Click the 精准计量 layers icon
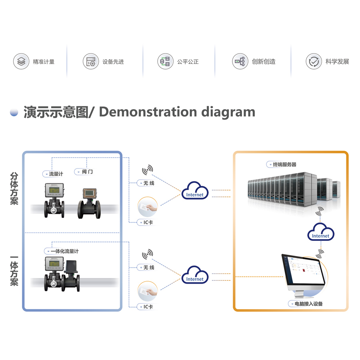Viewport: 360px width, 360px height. click(x=21, y=62)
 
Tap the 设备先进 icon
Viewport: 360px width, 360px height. click(x=91, y=62)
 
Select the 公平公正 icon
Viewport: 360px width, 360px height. click(x=165, y=62)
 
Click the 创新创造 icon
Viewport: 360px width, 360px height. click(x=240, y=62)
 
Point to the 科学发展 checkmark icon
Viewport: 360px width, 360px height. click(x=314, y=62)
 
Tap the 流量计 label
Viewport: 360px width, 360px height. click(x=54, y=174)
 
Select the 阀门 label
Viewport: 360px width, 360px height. click(x=85, y=172)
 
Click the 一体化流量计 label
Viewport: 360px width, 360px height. click(x=62, y=251)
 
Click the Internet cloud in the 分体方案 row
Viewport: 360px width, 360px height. click(x=195, y=191)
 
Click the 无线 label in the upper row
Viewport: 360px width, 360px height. click(x=146, y=183)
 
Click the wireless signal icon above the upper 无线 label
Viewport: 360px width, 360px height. click(x=147, y=170)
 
